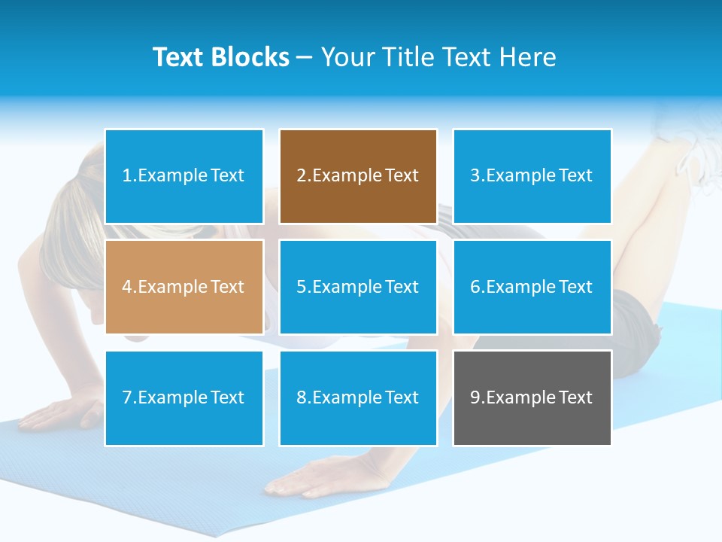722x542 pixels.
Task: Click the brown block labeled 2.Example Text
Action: point(358,176)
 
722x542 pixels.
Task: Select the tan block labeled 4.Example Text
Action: point(184,287)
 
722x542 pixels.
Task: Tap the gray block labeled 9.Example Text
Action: point(532,397)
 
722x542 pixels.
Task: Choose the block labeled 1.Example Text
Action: point(184,176)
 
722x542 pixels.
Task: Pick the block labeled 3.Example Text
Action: point(532,176)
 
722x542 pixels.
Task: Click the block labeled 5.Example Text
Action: point(358,287)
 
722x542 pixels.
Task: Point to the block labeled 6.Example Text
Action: point(532,287)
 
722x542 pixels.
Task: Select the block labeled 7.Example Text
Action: point(184,397)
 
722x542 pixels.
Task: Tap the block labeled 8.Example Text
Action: point(358,397)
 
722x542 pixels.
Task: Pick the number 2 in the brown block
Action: point(301,176)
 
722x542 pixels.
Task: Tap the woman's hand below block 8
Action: point(308,478)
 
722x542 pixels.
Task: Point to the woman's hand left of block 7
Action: point(60,414)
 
